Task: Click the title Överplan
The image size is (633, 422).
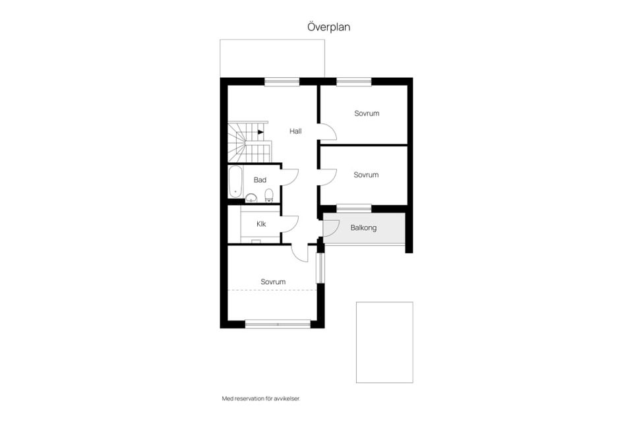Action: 328,27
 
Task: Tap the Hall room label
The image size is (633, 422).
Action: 295,131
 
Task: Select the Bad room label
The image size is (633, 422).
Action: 260,180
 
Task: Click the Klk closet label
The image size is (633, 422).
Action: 261,224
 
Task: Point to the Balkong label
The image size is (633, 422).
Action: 363,227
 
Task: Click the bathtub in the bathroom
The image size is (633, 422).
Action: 235,182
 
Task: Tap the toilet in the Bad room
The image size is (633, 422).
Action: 269,195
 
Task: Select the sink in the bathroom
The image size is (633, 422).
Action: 251,198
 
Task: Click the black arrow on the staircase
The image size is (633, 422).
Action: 261,132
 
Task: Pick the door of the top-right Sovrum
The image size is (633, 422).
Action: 328,132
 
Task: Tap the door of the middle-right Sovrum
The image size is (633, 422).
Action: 328,177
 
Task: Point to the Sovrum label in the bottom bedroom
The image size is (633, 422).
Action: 273,282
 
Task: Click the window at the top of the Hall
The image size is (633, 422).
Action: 282,82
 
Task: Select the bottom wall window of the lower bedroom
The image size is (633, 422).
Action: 278,324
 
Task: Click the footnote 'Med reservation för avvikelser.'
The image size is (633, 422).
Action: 261,398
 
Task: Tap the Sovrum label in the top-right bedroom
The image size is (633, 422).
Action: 367,113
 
